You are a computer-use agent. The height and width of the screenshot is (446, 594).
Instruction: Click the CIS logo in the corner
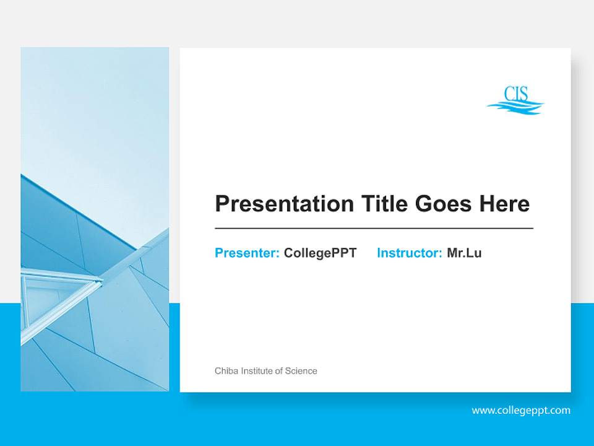[515, 100]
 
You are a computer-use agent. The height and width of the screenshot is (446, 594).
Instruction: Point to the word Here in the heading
[502, 204]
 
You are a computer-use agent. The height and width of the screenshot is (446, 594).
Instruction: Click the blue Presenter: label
[247, 253]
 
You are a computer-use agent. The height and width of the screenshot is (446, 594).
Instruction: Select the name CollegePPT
[320, 253]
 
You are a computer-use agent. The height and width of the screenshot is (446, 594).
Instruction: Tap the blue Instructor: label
[409, 253]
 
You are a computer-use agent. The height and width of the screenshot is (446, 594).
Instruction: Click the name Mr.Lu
[464, 253]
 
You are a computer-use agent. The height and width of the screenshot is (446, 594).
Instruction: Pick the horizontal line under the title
[374, 229]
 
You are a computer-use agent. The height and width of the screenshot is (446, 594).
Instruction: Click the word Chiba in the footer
[226, 371]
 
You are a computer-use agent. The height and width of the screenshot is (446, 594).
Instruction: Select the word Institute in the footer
[256, 371]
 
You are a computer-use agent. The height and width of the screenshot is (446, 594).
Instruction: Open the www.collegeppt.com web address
[521, 410]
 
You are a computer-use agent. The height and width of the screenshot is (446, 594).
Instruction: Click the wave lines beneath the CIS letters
[515, 108]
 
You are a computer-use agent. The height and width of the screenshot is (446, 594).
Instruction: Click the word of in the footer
[279, 371]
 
